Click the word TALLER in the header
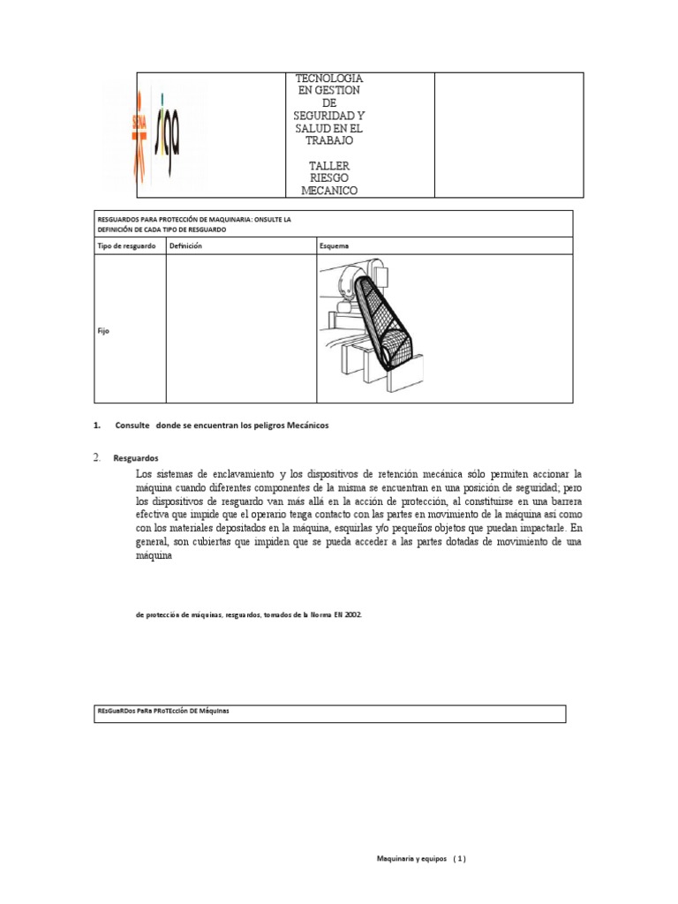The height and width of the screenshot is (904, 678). [328, 165]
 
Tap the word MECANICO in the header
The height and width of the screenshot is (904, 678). [328, 191]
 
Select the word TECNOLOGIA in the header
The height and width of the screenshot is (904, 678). [328, 79]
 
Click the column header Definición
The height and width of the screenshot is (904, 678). [186, 245]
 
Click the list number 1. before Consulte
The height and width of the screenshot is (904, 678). [96, 426]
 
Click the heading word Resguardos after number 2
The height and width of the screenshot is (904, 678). [135, 459]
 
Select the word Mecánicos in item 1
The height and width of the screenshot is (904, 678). [306, 426]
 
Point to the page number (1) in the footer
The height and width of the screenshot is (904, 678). [459, 859]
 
